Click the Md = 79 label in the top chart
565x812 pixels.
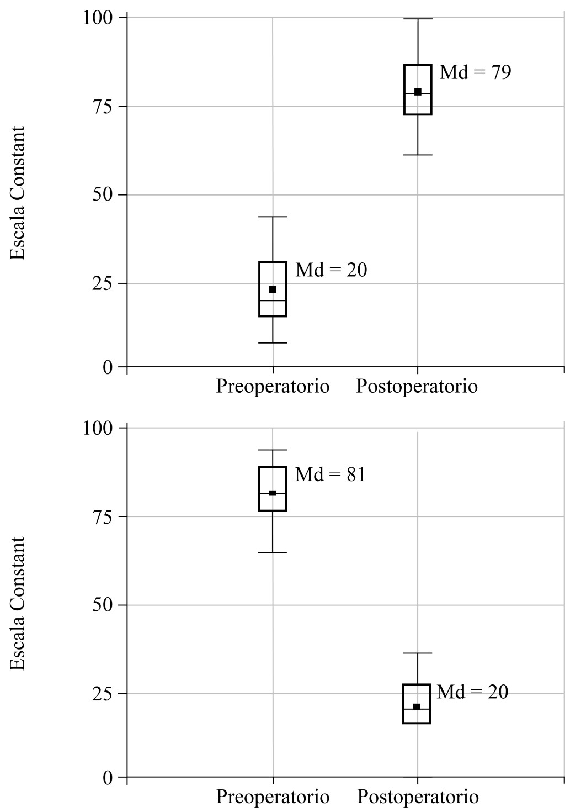click(475, 72)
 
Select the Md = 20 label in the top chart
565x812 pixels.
click(331, 270)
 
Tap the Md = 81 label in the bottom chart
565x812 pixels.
click(331, 474)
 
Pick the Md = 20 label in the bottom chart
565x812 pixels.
click(472, 692)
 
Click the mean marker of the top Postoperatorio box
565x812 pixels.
click(418, 92)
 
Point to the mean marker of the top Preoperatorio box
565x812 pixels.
click(273, 289)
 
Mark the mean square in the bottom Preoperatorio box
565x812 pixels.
click(273, 493)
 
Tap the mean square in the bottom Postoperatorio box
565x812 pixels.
click(417, 706)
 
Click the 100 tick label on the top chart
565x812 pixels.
click(98, 18)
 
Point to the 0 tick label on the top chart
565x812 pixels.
click(107, 367)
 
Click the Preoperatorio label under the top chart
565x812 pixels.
click(273, 386)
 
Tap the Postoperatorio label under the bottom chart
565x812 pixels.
click(418, 797)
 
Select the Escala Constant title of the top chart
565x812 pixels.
click(18, 193)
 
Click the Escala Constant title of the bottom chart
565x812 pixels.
click(18, 603)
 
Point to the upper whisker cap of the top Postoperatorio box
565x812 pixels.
click(418, 19)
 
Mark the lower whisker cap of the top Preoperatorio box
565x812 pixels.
click(273, 343)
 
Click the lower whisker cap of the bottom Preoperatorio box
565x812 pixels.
click(273, 552)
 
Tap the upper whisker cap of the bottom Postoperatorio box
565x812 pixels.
click(417, 653)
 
